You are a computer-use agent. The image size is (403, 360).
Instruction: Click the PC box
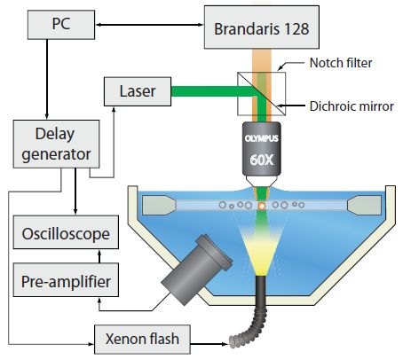point(61,25)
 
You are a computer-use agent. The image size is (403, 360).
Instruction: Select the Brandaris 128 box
point(262,27)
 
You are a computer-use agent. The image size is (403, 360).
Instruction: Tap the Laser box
point(138,91)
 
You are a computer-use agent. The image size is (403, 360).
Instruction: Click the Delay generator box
point(56,144)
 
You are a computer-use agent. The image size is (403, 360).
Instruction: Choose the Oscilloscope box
point(66,232)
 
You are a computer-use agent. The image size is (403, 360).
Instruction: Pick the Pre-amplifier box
point(66,280)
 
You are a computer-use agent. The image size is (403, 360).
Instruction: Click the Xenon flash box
point(142,340)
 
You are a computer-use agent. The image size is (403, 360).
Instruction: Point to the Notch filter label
point(341,63)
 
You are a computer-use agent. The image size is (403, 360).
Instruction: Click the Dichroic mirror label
point(352,106)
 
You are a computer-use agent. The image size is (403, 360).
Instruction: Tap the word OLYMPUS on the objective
point(262,138)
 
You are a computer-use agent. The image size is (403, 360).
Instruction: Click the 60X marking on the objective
point(262,160)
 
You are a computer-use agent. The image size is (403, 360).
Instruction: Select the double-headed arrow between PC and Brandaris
point(149,25)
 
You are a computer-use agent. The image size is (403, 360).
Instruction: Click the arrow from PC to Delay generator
point(47,79)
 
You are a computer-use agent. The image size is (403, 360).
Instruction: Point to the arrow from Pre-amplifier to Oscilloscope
point(99,256)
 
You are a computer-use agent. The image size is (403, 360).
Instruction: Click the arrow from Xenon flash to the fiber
point(209,344)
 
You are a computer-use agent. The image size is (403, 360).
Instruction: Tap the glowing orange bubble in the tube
point(262,206)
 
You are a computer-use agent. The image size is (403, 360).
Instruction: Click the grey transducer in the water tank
point(197,270)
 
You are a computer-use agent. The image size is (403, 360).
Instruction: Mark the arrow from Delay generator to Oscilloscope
point(75,192)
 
